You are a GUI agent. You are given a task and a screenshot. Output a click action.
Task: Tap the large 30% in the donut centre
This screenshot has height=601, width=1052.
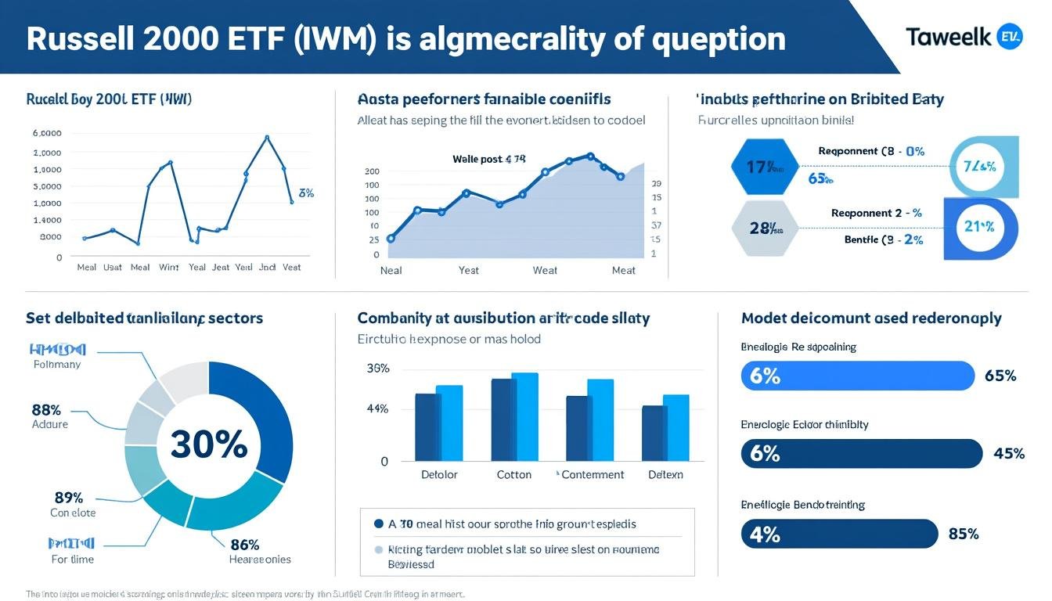tap(209, 444)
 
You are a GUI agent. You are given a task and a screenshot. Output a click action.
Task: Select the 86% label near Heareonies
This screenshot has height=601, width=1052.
tap(244, 545)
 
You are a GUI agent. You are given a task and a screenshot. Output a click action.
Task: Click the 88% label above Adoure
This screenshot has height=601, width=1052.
tap(47, 409)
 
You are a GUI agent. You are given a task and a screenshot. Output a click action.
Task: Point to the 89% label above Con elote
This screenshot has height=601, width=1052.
tap(68, 498)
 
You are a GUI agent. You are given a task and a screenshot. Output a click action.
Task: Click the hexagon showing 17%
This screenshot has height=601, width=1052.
tap(764, 167)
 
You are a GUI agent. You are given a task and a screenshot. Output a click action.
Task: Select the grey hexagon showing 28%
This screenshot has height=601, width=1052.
tap(764, 228)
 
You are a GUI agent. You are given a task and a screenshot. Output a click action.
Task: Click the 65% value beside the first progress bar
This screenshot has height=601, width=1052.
tap(1000, 376)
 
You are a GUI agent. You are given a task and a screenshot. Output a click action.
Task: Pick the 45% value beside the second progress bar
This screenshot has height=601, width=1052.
tap(1008, 454)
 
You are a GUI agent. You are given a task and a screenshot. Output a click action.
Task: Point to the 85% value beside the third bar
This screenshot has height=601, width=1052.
tap(963, 534)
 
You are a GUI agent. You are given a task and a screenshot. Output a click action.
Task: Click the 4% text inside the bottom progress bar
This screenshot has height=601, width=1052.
tap(764, 534)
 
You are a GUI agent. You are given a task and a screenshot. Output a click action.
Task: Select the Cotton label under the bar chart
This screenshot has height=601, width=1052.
tap(514, 475)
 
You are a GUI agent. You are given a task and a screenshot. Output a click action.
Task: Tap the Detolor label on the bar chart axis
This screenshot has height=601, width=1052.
tap(440, 475)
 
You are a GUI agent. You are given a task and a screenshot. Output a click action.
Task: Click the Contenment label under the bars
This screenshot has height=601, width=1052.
tap(593, 475)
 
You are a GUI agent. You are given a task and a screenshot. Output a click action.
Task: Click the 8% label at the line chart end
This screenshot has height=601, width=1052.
tap(306, 193)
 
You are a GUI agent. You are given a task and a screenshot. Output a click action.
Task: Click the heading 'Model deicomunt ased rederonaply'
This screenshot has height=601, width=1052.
tap(871, 318)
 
